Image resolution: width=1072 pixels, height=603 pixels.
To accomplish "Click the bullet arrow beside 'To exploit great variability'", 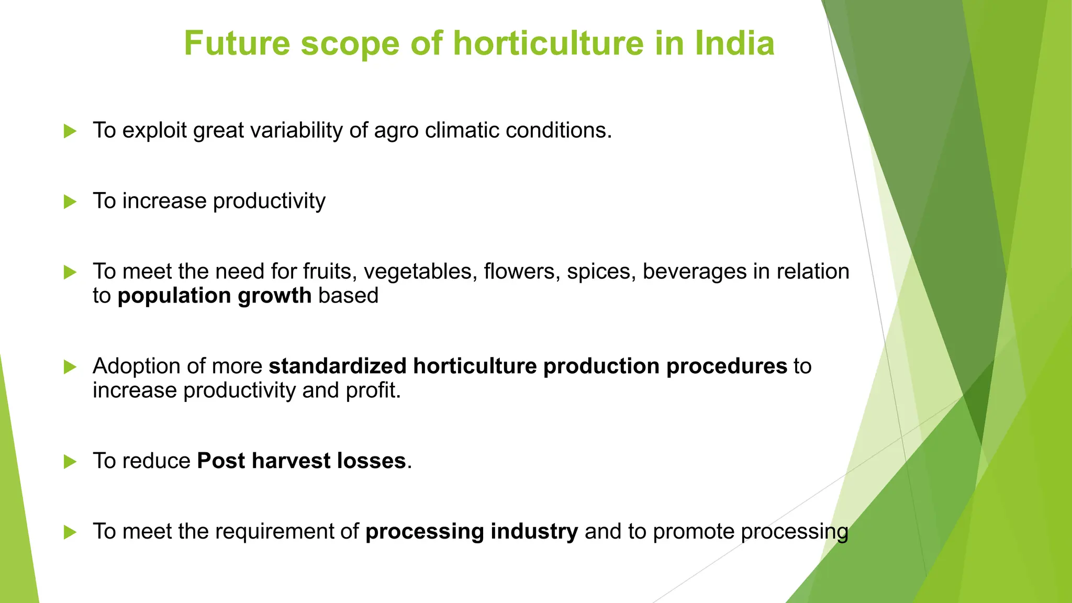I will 70,131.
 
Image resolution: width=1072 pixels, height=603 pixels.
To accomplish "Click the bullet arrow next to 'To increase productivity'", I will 70,202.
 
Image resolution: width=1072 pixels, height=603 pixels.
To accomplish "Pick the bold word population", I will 174,296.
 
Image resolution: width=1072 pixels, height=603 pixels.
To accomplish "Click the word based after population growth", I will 348,296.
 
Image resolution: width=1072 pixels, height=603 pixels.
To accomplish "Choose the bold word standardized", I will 338,366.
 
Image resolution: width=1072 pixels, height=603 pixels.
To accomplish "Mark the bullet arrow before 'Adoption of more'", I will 70,367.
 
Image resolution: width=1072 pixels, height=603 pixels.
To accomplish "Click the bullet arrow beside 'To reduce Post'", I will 70,462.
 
